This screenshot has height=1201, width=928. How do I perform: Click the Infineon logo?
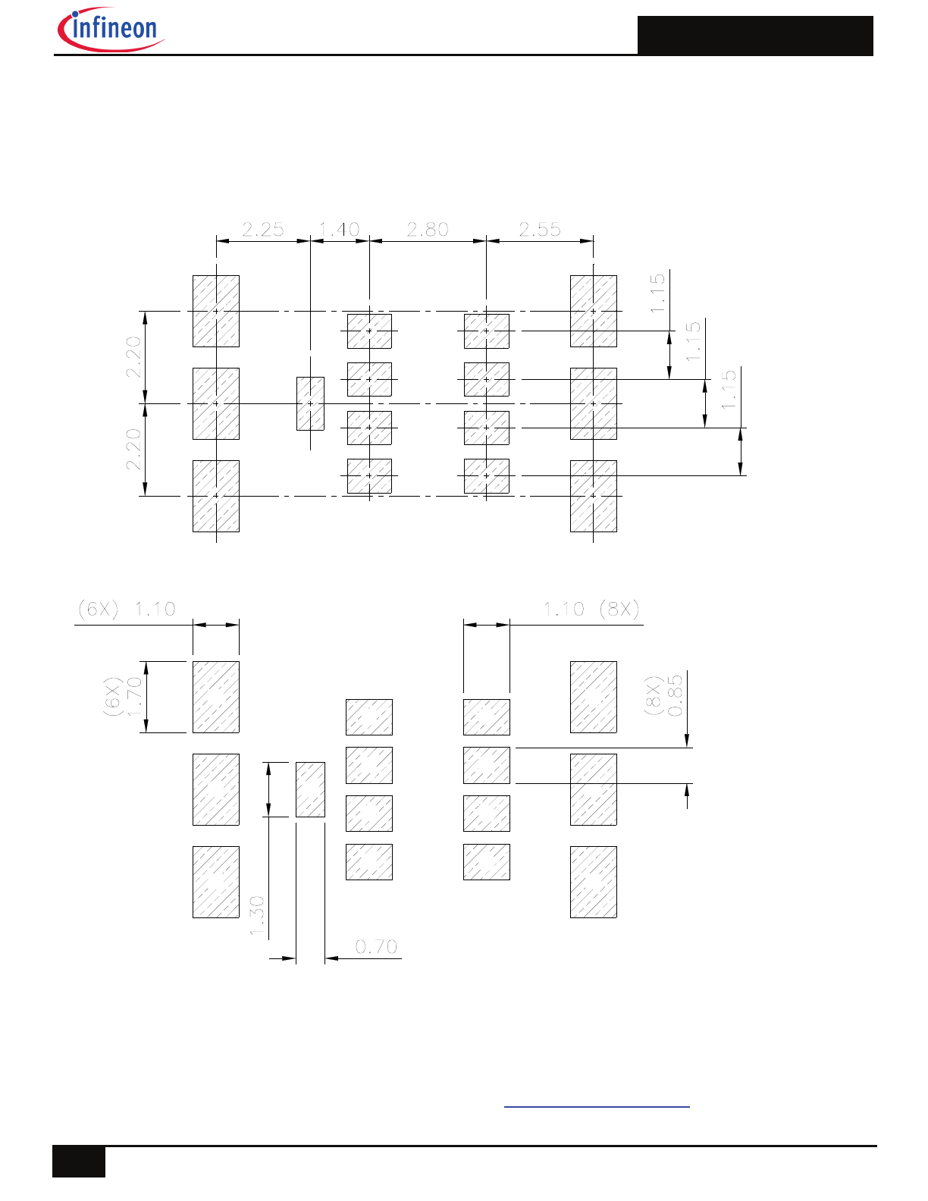(111, 31)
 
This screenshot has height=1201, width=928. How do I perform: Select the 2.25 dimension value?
(263, 229)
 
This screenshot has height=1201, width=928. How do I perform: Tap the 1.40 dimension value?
(339, 229)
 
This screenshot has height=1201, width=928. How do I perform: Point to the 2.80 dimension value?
(428, 229)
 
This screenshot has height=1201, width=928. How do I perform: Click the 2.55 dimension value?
(540, 229)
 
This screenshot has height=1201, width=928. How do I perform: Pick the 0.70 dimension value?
(377, 947)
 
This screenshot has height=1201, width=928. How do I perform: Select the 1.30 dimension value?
(258, 916)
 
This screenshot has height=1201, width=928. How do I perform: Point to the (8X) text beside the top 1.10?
(619, 609)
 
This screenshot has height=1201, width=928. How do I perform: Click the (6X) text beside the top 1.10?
(99, 609)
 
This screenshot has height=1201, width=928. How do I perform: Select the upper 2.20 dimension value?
(133, 357)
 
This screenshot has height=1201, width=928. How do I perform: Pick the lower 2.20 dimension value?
(133, 450)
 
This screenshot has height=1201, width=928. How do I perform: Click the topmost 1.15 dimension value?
(657, 293)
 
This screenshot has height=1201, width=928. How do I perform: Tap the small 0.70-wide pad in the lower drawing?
(310, 789)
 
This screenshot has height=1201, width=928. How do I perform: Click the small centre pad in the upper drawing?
(310, 403)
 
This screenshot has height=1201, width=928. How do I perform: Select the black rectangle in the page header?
(755, 36)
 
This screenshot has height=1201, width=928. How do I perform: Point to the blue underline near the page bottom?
(597, 1107)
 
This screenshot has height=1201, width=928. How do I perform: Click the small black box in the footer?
(79, 1162)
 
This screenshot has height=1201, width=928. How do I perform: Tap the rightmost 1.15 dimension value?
(729, 390)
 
